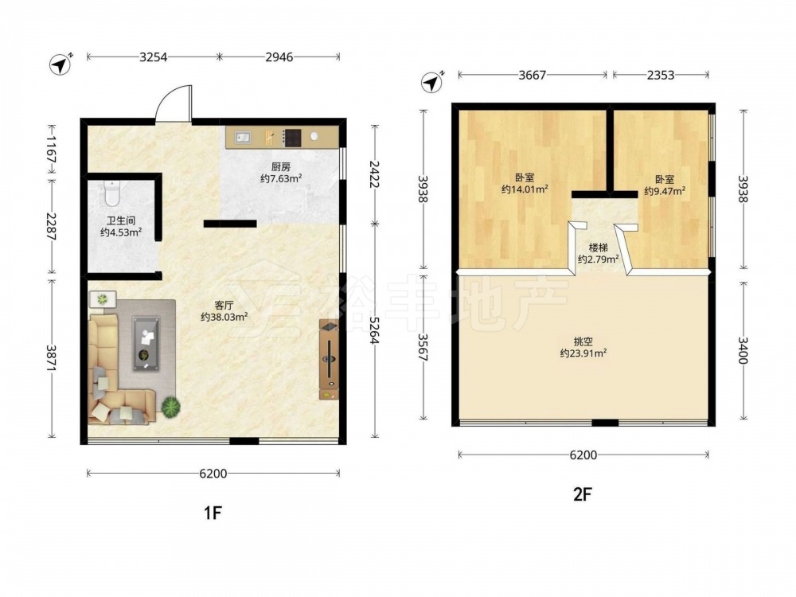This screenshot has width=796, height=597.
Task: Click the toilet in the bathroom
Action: tap(111, 193)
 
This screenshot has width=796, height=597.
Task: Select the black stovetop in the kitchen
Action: tap(292, 138)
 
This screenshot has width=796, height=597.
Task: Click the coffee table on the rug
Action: tap(146, 343)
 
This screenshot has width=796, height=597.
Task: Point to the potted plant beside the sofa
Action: tap(171, 407)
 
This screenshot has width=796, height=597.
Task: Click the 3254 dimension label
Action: tap(154, 57)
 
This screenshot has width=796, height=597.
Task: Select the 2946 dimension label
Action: tap(279, 57)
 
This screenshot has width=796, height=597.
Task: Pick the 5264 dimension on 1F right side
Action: tap(375, 330)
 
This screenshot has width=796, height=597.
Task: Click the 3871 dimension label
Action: tap(51, 358)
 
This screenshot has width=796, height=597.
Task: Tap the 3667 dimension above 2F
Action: tap(532, 75)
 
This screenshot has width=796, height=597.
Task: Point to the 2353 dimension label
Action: tap(661, 75)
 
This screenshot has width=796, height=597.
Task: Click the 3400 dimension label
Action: tap(743, 350)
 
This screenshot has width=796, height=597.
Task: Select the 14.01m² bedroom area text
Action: tap(525, 189)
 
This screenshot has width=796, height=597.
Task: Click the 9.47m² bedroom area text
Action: tap(665, 191)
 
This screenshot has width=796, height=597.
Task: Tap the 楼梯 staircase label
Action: tap(598, 248)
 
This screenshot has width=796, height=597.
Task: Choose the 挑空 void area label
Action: tap(583, 341)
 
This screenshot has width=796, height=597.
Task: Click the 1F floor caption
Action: tap(213, 513)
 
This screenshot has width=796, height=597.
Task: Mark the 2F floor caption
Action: tap(583, 494)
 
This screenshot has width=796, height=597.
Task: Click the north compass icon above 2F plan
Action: tap(432, 81)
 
